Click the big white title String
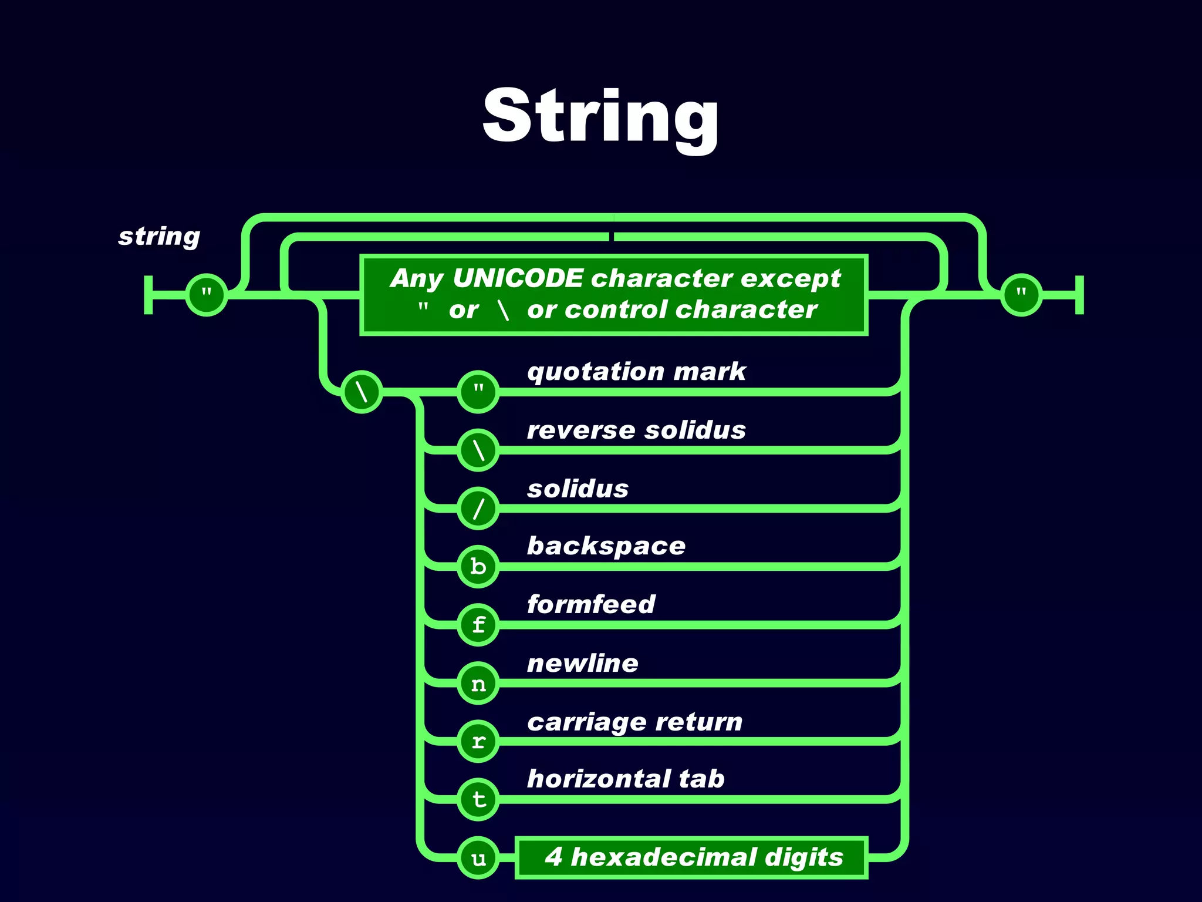(x=600, y=116)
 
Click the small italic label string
(x=159, y=236)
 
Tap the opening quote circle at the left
(x=207, y=294)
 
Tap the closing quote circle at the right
(x=1021, y=294)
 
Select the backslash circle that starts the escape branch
(x=362, y=391)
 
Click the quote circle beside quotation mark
(x=478, y=391)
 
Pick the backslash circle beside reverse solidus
(x=478, y=450)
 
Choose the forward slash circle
(x=478, y=508)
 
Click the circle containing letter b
(x=478, y=566)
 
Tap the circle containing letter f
(x=478, y=624)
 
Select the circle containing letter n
(x=478, y=683)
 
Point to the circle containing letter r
(x=478, y=741)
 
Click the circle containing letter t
(x=478, y=799)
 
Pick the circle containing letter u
(x=478, y=858)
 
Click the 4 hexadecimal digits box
(x=691, y=857)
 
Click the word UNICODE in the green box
(x=518, y=278)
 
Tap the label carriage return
(x=634, y=722)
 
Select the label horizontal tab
(x=626, y=779)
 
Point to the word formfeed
(x=590, y=604)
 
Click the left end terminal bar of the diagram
(x=148, y=294)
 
